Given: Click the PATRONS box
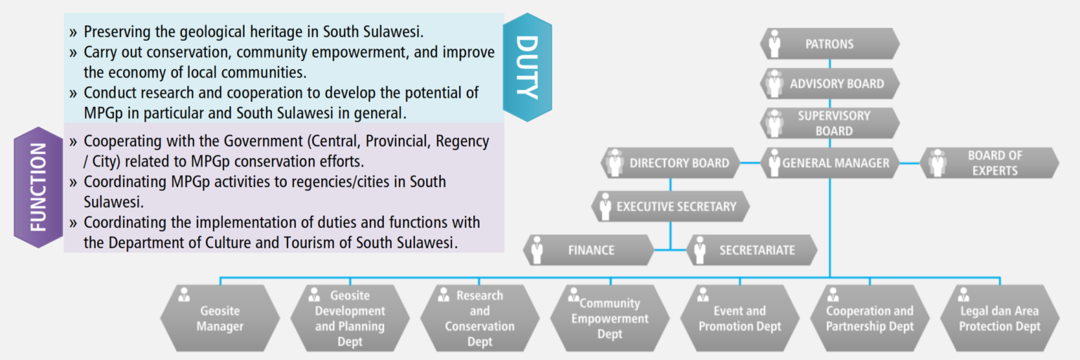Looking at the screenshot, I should [x=830, y=44].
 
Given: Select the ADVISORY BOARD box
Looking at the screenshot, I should [x=830, y=84].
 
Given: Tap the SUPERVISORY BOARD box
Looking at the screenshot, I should [x=830, y=123].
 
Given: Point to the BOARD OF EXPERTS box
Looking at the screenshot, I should [x=989, y=163].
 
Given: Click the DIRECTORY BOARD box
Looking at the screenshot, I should [x=671, y=163].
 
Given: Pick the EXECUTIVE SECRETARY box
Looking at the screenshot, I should [x=671, y=207].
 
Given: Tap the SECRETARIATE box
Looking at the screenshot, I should [x=751, y=250].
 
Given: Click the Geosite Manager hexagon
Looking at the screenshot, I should [x=219, y=319].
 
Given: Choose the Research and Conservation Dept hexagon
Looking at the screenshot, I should [x=480, y=319].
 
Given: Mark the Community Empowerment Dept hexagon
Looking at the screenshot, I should [x=610, y=319].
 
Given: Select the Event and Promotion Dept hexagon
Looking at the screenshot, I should [x=740, y=319].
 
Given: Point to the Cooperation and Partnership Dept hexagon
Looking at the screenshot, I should [x=870, y=319].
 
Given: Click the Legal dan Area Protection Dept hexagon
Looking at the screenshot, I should [x=999, y=319].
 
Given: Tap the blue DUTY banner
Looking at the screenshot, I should [x=527, y=67].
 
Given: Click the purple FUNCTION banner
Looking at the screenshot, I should [x=39, y=187].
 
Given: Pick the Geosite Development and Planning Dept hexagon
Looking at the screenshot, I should [x=349, y=319].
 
